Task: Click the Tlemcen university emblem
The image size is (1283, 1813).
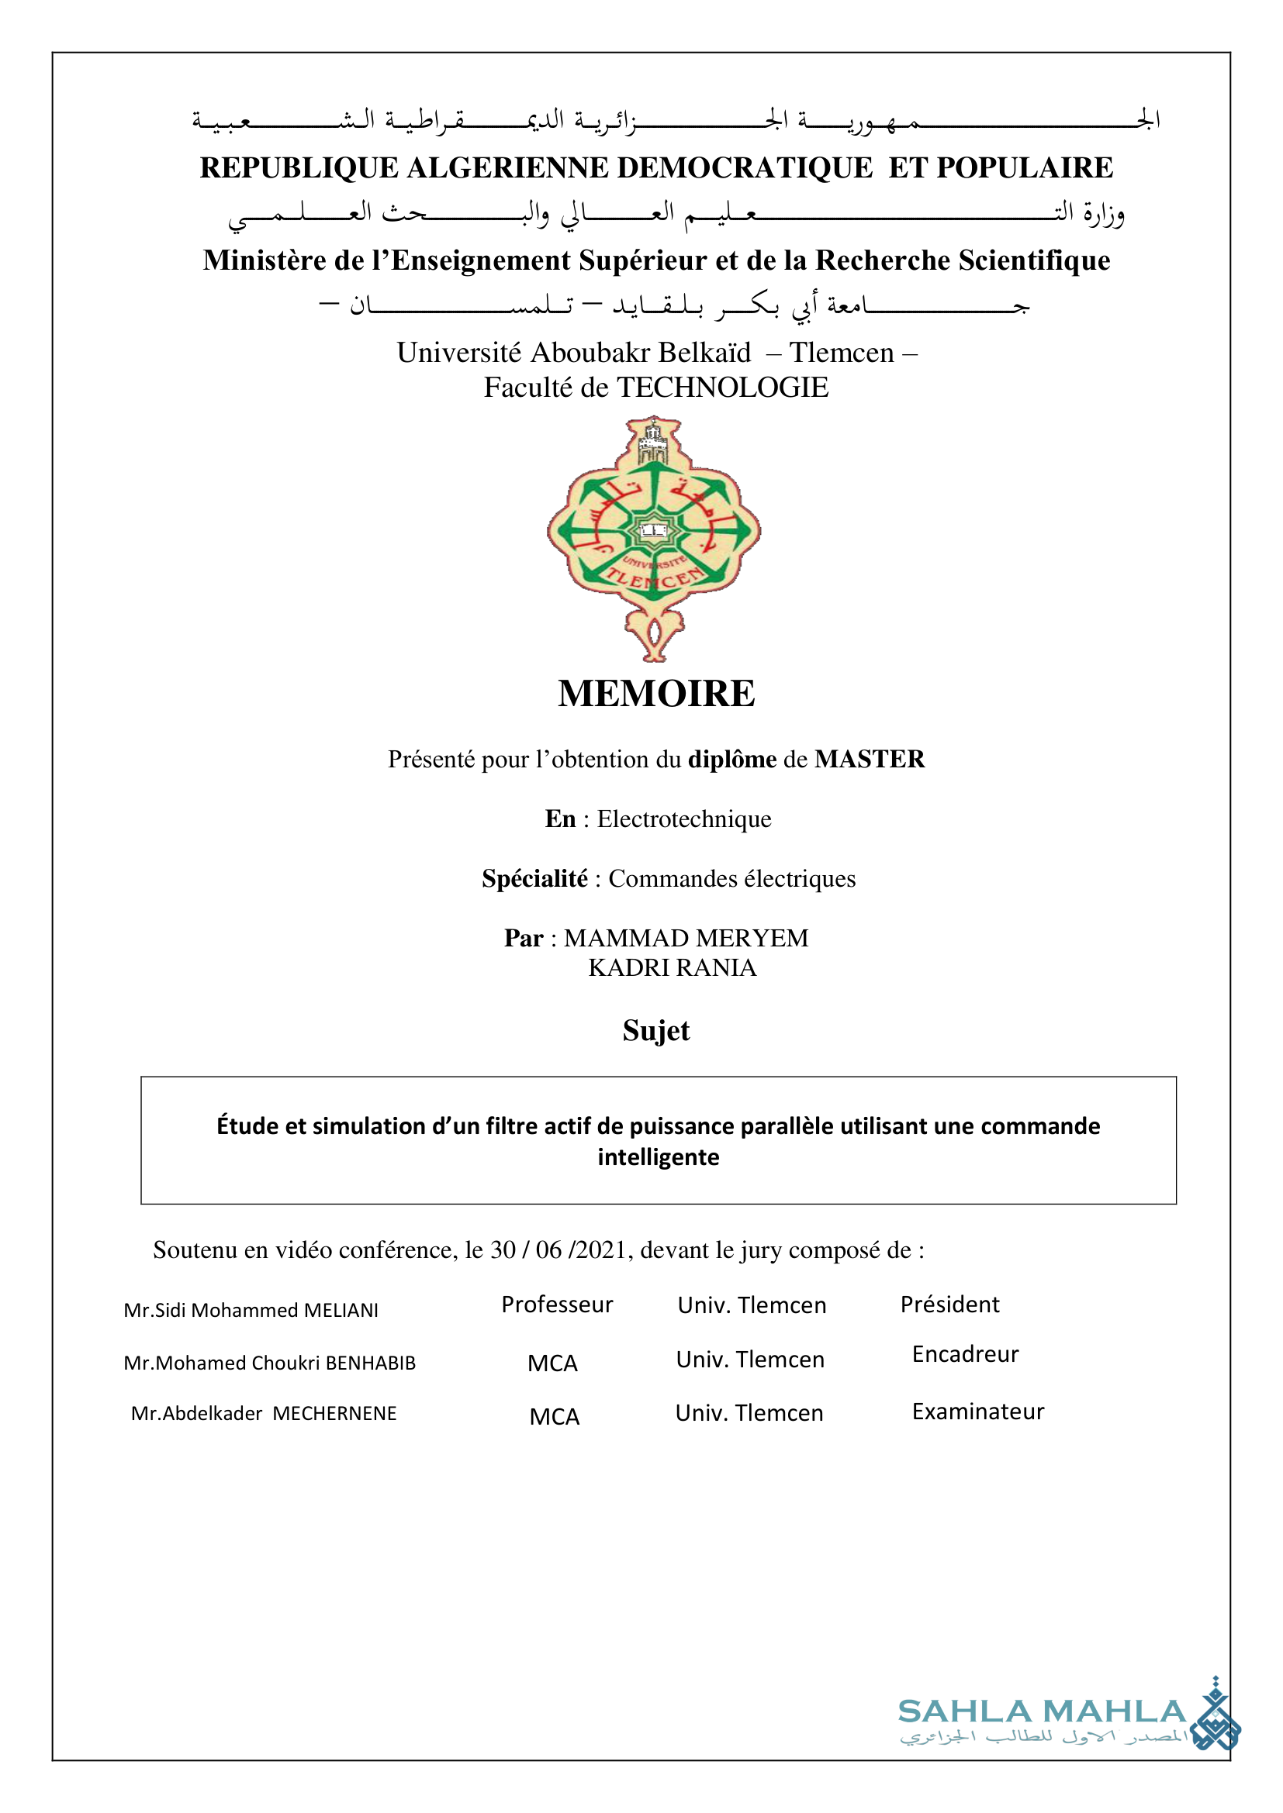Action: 654,538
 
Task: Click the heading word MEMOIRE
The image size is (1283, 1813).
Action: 655,694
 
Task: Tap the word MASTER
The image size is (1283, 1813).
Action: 869,760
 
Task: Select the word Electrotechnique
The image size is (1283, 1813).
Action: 683,819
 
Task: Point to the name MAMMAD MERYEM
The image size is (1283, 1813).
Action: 686,938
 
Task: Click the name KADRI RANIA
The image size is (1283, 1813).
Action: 672,968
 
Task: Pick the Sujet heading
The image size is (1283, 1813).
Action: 655,1030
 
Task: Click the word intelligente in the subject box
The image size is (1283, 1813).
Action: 658,1157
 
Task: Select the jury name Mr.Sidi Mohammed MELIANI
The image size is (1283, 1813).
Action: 251,1311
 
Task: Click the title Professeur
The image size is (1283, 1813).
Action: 557,1305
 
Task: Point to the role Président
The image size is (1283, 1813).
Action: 949,1305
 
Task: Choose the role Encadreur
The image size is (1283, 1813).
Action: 965,1354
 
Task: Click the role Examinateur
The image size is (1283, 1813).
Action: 977,1411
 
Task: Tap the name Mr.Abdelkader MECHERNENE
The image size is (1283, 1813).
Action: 264,1414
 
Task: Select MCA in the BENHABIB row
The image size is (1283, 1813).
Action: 553,1363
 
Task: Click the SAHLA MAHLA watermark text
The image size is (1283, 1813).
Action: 1041,1712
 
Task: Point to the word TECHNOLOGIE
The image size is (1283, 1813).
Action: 722,388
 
